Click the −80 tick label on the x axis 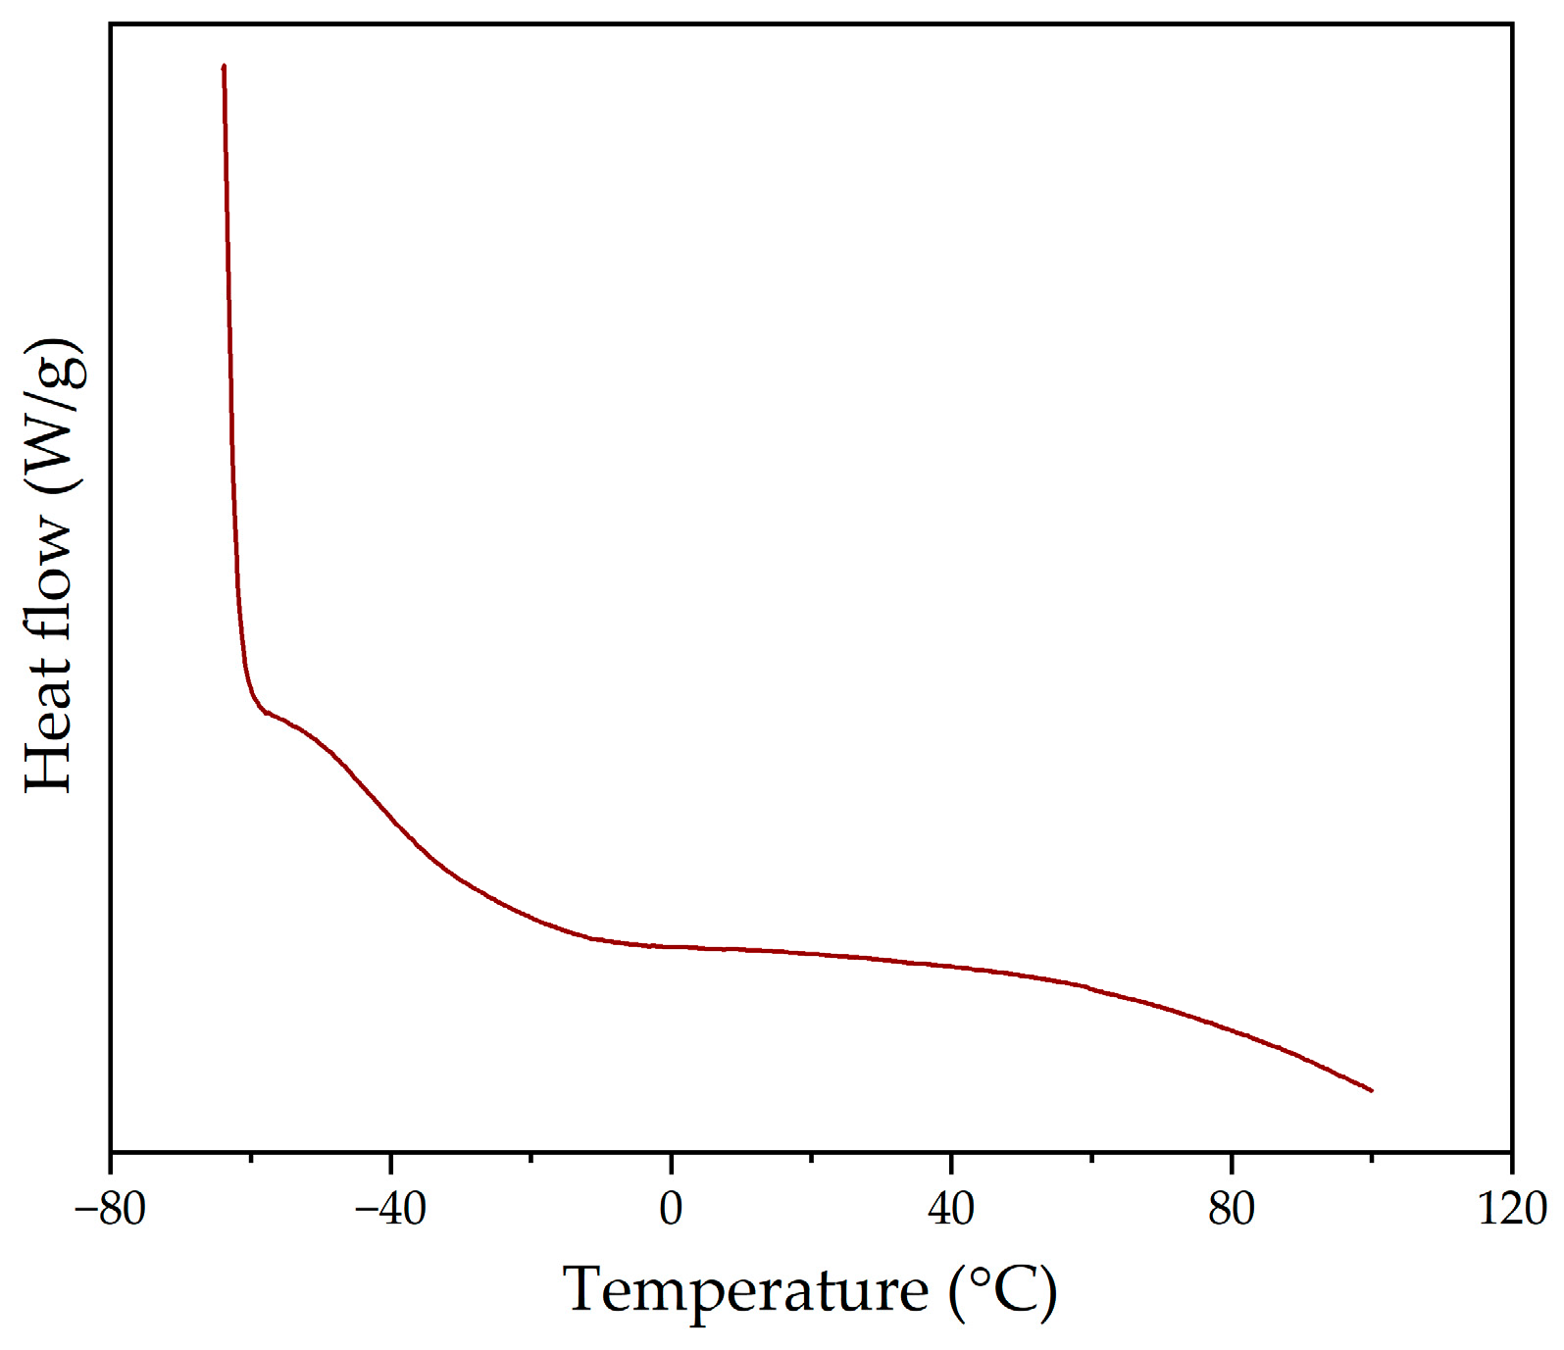click(x=110, y=1209)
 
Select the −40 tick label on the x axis click(x=389, y=1209)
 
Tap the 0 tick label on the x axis click(x=671, y=1209)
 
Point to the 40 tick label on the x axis click(x=951, y=1209)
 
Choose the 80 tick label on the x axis click(x=1232, y=1209)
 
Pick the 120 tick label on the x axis click(x=1511, y=1209)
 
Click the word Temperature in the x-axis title click(x=745, y=1289)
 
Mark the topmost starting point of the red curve click(x=225, y=67)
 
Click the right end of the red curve click(x=1371, y=1090)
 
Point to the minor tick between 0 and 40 click(x=811, y=1157)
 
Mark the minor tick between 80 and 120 click(x=1372, y=1157)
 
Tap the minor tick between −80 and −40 click(x=250, y=1157)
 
